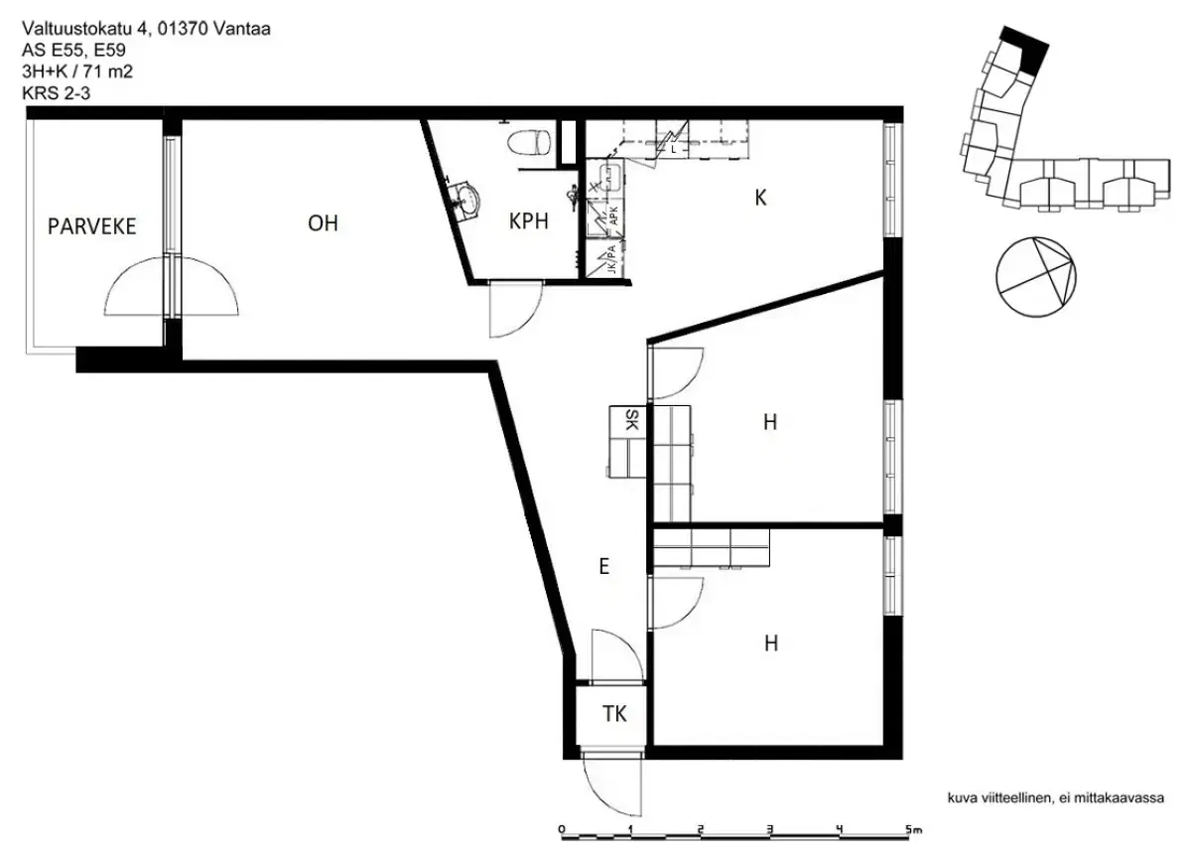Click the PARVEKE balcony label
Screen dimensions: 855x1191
coord(91,226)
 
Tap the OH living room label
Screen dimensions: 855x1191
coord(323,223)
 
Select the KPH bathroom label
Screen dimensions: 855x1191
coord(529,221)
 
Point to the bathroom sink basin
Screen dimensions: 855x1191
coord(463,199)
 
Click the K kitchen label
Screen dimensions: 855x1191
coord(760,198)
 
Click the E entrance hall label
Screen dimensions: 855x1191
coord(602,567)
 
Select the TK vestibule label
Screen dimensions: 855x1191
coord(615,714)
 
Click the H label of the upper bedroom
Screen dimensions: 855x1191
coord(769,422)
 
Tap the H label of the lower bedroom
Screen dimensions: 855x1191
coord(770,644)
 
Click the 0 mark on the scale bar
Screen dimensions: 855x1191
coord(562,829)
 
